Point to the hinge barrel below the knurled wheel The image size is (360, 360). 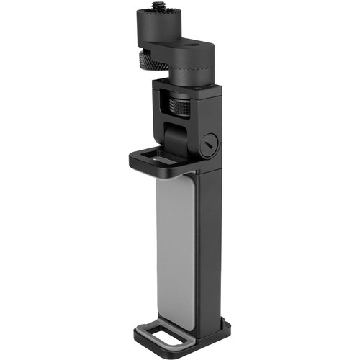coord(175,136)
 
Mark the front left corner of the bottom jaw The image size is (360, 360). coord(135,338)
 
